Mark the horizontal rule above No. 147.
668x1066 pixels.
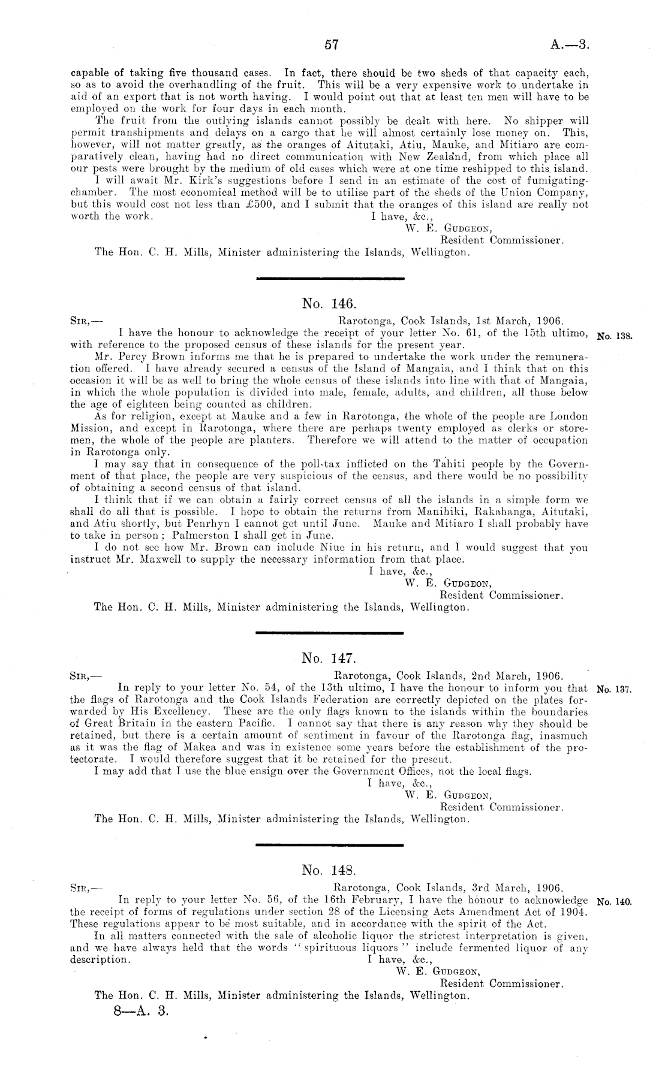pyautogui.click(x=329, y=633)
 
